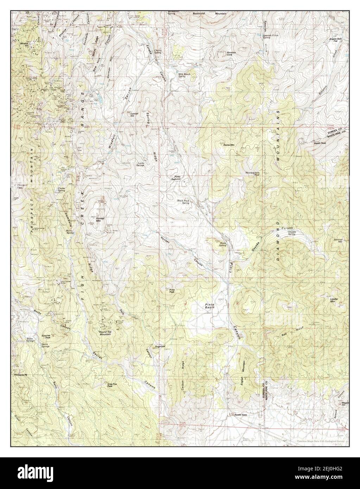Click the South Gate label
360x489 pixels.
click(x=241, y=415)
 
